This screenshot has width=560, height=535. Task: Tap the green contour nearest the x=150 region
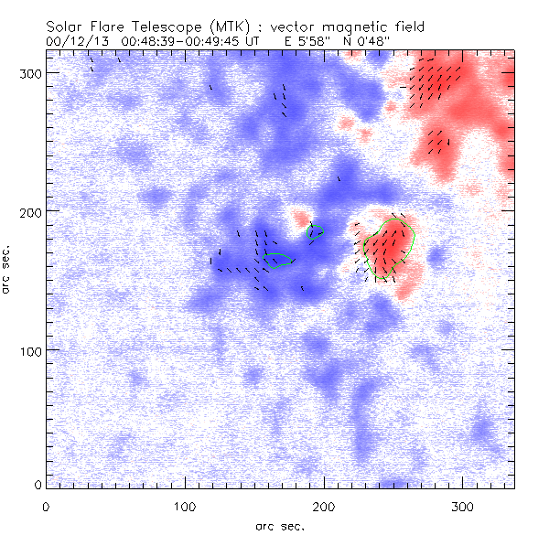278,260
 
